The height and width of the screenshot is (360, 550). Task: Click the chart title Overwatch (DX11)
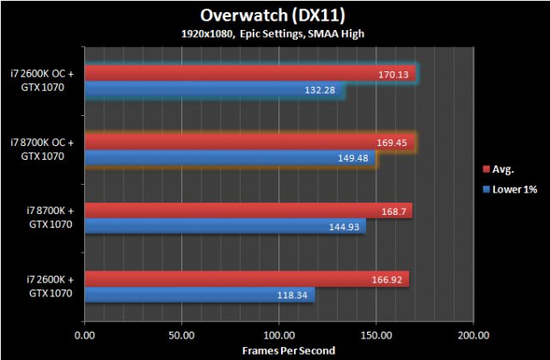tap(274, 15)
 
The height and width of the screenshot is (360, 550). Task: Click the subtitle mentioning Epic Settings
tap(274, 34)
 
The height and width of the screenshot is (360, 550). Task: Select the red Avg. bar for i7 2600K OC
tap(249, 75)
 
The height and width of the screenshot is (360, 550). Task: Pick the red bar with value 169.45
tap(249, 143)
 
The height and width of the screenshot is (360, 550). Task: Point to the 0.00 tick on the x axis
tap(85, 334)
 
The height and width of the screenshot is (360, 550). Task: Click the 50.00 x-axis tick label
tap(182, 334)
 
